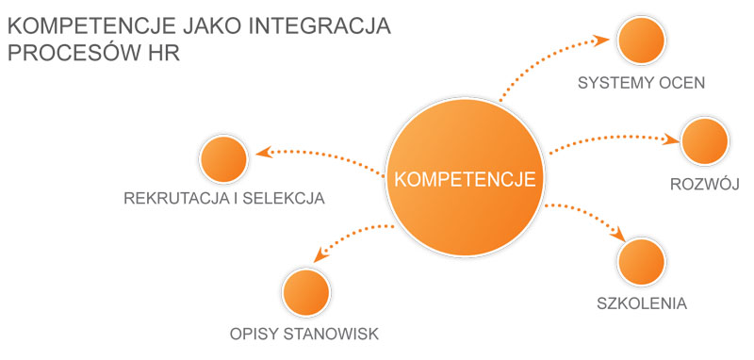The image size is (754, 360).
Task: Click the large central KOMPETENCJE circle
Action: tap(466, 179)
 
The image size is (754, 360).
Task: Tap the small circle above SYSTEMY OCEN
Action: tap(642, 41)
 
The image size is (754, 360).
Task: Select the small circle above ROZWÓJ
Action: tap(706, 141)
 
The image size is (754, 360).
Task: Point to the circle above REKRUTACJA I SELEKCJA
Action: tap(224, 158)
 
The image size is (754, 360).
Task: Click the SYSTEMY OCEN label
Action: tap(642, 83)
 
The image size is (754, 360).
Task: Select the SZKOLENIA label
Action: tap(642, 304)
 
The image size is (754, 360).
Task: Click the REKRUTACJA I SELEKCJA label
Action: tap(224, 199)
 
